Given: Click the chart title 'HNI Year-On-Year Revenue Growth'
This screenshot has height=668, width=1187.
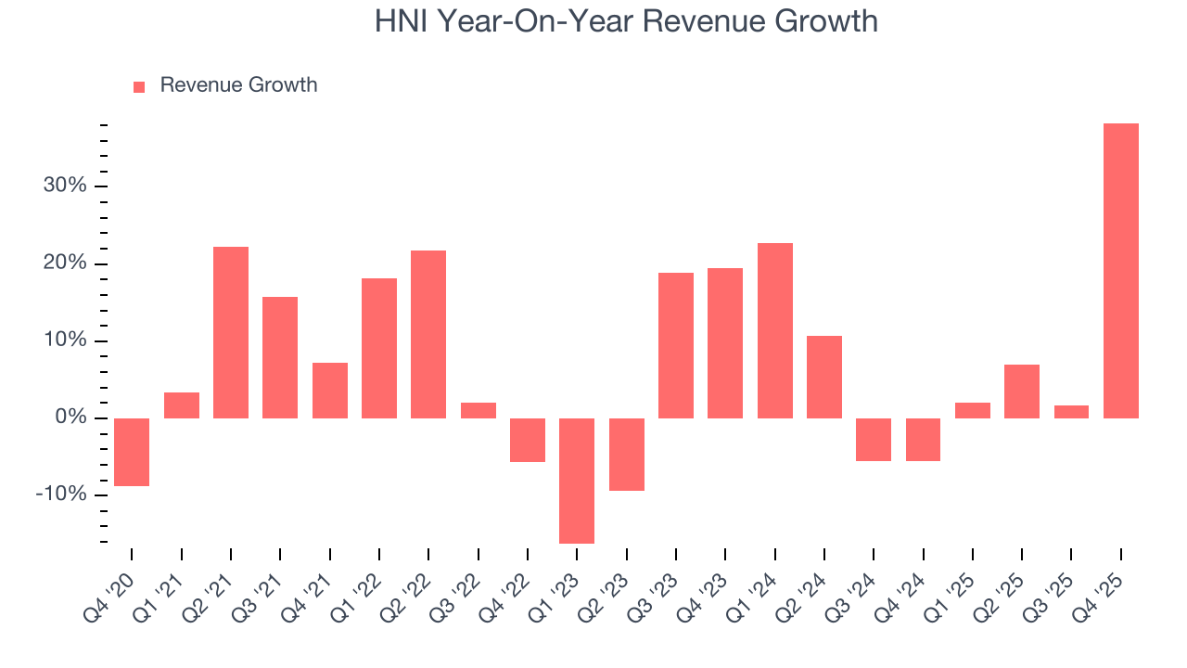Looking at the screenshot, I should tap(626, 20).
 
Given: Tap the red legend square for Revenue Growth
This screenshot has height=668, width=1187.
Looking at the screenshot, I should tap(139, 86).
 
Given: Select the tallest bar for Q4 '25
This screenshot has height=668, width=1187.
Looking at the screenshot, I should tap(1120, 270).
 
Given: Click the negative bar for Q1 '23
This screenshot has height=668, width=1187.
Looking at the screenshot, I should tap(577, 481).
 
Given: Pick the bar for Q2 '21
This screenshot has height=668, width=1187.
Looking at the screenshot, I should tap(231, 332).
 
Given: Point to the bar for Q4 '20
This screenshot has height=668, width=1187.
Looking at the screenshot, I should tap(132, 452).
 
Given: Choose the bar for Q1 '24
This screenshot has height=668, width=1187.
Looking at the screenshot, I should tap(774, 330).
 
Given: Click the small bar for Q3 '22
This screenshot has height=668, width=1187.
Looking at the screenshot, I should tap(479, 410).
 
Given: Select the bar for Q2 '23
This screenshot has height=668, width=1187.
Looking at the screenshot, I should tap(627, 455).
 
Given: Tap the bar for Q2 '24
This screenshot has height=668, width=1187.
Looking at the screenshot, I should tap(824, 377).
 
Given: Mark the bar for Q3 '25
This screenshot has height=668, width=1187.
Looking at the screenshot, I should tap(1071, 412).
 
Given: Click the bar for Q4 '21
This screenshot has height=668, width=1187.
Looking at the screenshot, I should tap(330, 390).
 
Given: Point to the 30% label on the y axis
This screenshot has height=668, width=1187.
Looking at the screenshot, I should tap(65, 186).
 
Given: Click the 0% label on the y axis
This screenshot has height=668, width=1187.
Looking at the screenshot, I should tap(70, 417).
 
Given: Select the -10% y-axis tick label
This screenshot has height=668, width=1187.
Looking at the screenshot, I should tap(61, 495).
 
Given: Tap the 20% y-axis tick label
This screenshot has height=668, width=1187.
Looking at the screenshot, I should tap(65, 263).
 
